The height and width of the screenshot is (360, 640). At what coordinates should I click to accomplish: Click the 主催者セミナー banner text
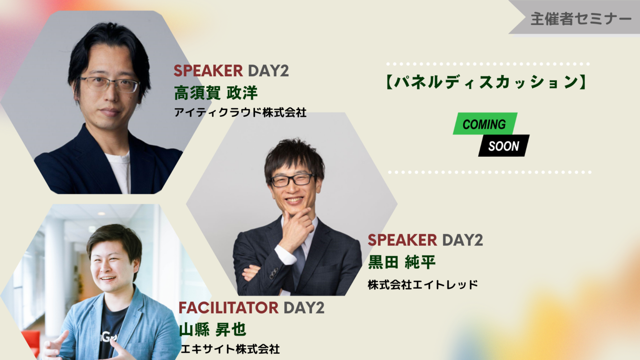pyautogui.click(x=581, y=19)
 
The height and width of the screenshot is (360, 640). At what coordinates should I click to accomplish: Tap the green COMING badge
pyautogui.click(x=485, y=124)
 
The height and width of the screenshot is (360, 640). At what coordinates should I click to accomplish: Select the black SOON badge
pyautogui.click(x=504, y=146)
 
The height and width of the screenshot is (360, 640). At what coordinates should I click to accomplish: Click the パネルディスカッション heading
pyautogui.click(x=486, y=82)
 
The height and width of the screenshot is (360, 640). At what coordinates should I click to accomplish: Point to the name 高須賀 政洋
pyautogui.click(x=216, y=93)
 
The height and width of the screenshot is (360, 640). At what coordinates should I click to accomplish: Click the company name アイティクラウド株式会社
pyautogui.click(x=240, y=112)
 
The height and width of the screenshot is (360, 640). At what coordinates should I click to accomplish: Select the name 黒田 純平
pyautogui.click(x=402, y=262)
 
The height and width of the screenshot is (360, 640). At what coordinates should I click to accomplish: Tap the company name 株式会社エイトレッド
pyautogui.click(x=422, y=285)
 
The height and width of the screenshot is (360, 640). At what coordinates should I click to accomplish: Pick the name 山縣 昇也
pyautogui.click(x=212, y=330)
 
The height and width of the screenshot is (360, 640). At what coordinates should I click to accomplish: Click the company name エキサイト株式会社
pyautogui.click(x=230, y=349)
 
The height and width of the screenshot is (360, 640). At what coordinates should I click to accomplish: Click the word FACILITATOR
pyautogui.click(x=229, y=308)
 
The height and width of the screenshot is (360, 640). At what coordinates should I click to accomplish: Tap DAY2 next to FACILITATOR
pyautogui.click(x=304, y=308)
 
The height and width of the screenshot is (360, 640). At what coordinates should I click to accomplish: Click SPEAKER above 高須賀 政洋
pyautogui.click(x=208, y=70)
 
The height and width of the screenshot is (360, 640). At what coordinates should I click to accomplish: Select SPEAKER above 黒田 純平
pyautogui.click(x=402, y=240)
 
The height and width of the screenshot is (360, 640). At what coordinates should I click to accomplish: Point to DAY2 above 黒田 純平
pyautogui.click(x=462, y=240)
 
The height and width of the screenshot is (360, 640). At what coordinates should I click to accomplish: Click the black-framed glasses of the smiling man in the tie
pyautogui.click(x=292, y=180)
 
